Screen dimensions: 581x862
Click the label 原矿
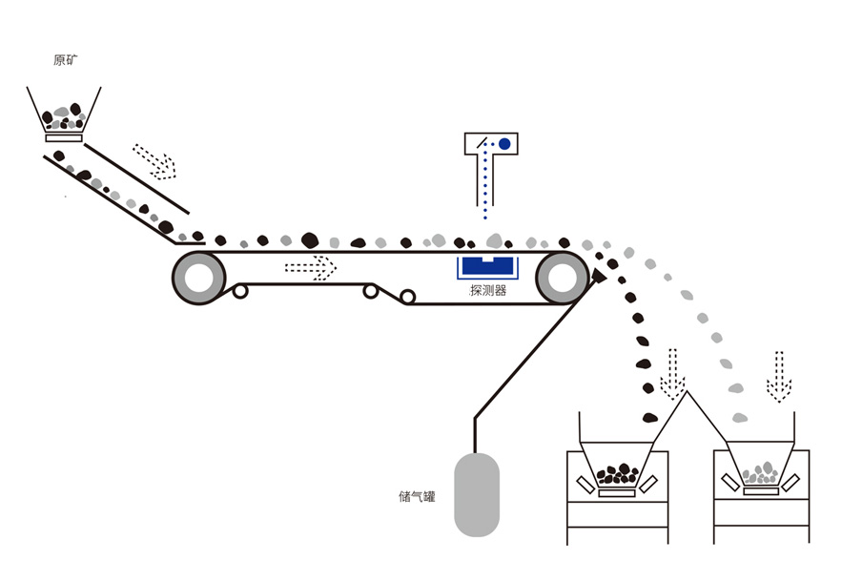(x=66, y=60)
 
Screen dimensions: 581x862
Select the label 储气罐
(x=418, y=496)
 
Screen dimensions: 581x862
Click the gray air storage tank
(x=476, y=492)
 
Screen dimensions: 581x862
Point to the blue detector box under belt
(x=486, y=267)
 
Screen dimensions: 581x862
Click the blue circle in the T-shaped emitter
(x=504, y=144)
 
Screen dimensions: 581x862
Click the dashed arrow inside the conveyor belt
(x=311, y=267)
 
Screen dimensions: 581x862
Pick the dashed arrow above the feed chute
(x=155, y=161)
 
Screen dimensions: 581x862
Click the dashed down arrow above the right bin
(x=779, y=376)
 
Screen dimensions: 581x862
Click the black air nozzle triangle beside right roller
(x=598, y=277)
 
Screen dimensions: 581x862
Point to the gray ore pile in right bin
(x=760, y=472)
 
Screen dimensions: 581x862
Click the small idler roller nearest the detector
(x=408, y=298)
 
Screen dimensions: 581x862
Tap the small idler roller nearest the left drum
(x=241, y=291)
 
